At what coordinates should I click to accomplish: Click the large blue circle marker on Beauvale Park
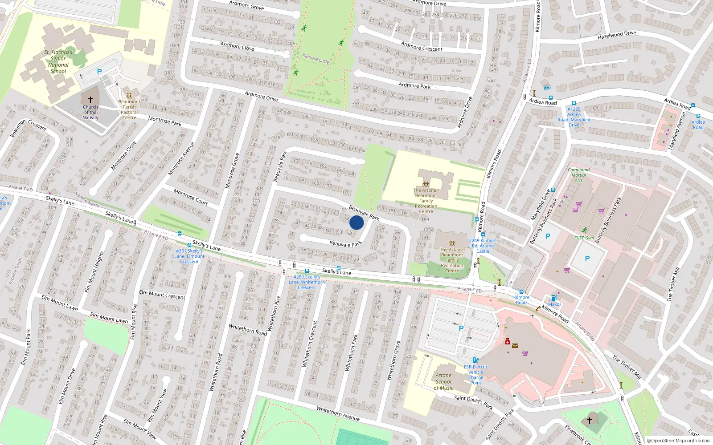356,222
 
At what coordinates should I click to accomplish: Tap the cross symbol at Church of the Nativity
90,100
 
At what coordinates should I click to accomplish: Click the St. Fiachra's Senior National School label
58,62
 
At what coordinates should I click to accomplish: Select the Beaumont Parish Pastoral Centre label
129,109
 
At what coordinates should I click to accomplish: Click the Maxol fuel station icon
554,298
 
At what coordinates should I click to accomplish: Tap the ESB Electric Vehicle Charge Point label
475,375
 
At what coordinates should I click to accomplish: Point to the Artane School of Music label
443,382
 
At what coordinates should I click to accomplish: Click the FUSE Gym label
584,238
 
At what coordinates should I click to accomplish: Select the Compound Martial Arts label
578,175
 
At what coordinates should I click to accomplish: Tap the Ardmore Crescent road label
422,46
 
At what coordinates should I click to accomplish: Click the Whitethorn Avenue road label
338,413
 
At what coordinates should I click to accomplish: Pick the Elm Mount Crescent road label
162,295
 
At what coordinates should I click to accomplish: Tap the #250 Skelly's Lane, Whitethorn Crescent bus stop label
307,282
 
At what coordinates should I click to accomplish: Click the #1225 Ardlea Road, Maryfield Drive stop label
574,117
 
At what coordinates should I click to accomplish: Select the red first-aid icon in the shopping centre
507,341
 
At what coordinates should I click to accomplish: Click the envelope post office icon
515,345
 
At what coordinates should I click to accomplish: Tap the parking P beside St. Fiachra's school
99,72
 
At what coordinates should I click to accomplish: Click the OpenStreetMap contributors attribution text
679,441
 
